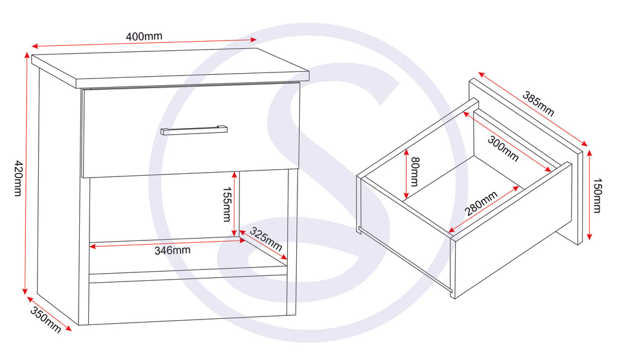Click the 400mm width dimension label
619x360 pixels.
[x=144, y=36]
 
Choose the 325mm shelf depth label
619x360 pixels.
[x=266, y=239]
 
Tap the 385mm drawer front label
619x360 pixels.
[x=538, y=103]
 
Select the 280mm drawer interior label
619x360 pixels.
[x=481, y=204]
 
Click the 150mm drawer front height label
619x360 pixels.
[x=597, y=195]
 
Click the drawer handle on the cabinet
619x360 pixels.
[x=193, y=130]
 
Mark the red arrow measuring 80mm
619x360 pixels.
[x=406, y=175]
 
